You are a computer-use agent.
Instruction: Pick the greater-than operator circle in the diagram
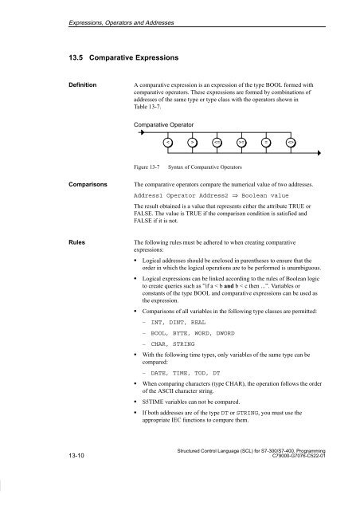click(x=193, y=142)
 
